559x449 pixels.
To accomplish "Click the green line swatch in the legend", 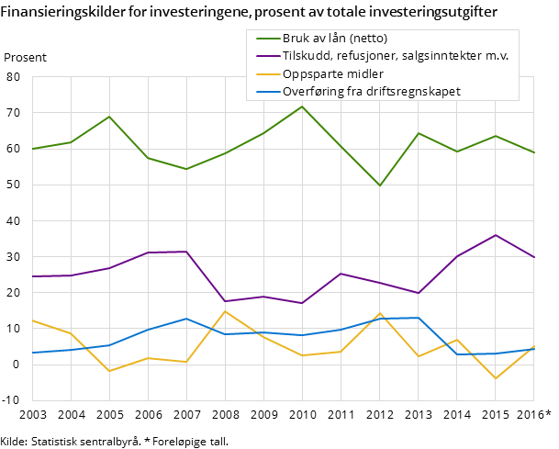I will pyautogui.click(x=267, y=39).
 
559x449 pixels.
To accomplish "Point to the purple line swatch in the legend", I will pyautogui.click(x=267, y=56).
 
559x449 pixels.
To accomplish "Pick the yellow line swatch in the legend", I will pyautogui.click(x=267, y=74).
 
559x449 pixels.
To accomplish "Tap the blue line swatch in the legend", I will pyautogui.click(x=267, y=92).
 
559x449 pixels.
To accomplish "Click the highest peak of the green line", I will pyautogui.click(x=302, y=107).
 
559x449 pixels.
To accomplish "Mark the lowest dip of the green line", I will pyautogui.click(x=380, y=185).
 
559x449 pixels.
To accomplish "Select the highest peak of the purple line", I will pyautogui.click(x=496, y=235).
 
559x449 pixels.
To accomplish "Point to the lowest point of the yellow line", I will pyautogui.click(x=496, y=378).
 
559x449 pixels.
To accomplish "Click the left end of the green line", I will pyautogui.click(x=33, y=149).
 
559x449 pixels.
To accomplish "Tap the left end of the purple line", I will pyautogui.click(x=33, y=276).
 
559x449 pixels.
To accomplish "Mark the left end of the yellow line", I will pyautogui.click(x=33, y=320).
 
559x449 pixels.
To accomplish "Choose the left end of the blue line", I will pyautogui.click(x=33, y=353).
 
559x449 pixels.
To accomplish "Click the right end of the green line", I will pyautogui.click(x=533, y=152).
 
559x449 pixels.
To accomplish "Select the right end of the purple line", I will pyautogui.click(x=533, y=257).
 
